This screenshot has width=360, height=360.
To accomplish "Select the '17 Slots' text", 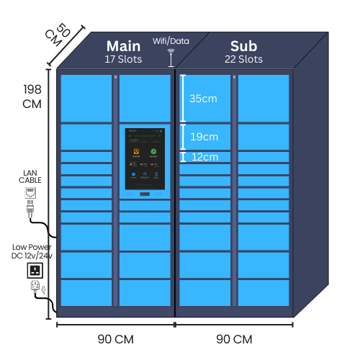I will (124, 59).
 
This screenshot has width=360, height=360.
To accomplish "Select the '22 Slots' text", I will (244, 59).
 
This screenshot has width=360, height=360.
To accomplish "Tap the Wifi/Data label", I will (171, 41).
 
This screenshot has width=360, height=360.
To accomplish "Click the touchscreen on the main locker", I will (145, 161).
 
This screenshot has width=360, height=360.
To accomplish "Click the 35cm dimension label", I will (203, 99).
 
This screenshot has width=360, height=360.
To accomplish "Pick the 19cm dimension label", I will (203, 137).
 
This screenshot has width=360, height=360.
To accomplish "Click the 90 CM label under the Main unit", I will (115, 338).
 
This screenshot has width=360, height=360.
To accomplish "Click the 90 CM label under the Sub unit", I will (234, 338).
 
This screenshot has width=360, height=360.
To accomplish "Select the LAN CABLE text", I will (30, 177).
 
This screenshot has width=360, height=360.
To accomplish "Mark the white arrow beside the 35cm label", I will (183, 99).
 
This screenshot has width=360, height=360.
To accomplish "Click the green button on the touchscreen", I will (153, 152).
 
